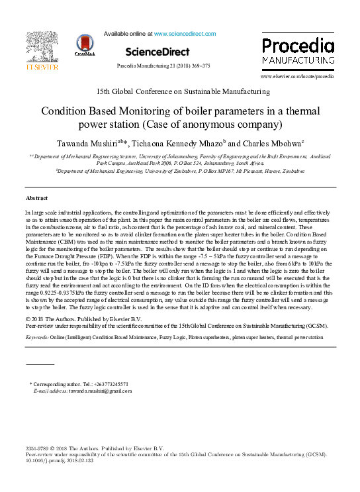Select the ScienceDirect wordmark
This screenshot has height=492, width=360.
[x=157, y=52]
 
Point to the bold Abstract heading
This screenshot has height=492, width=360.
[x=36, y=198]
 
